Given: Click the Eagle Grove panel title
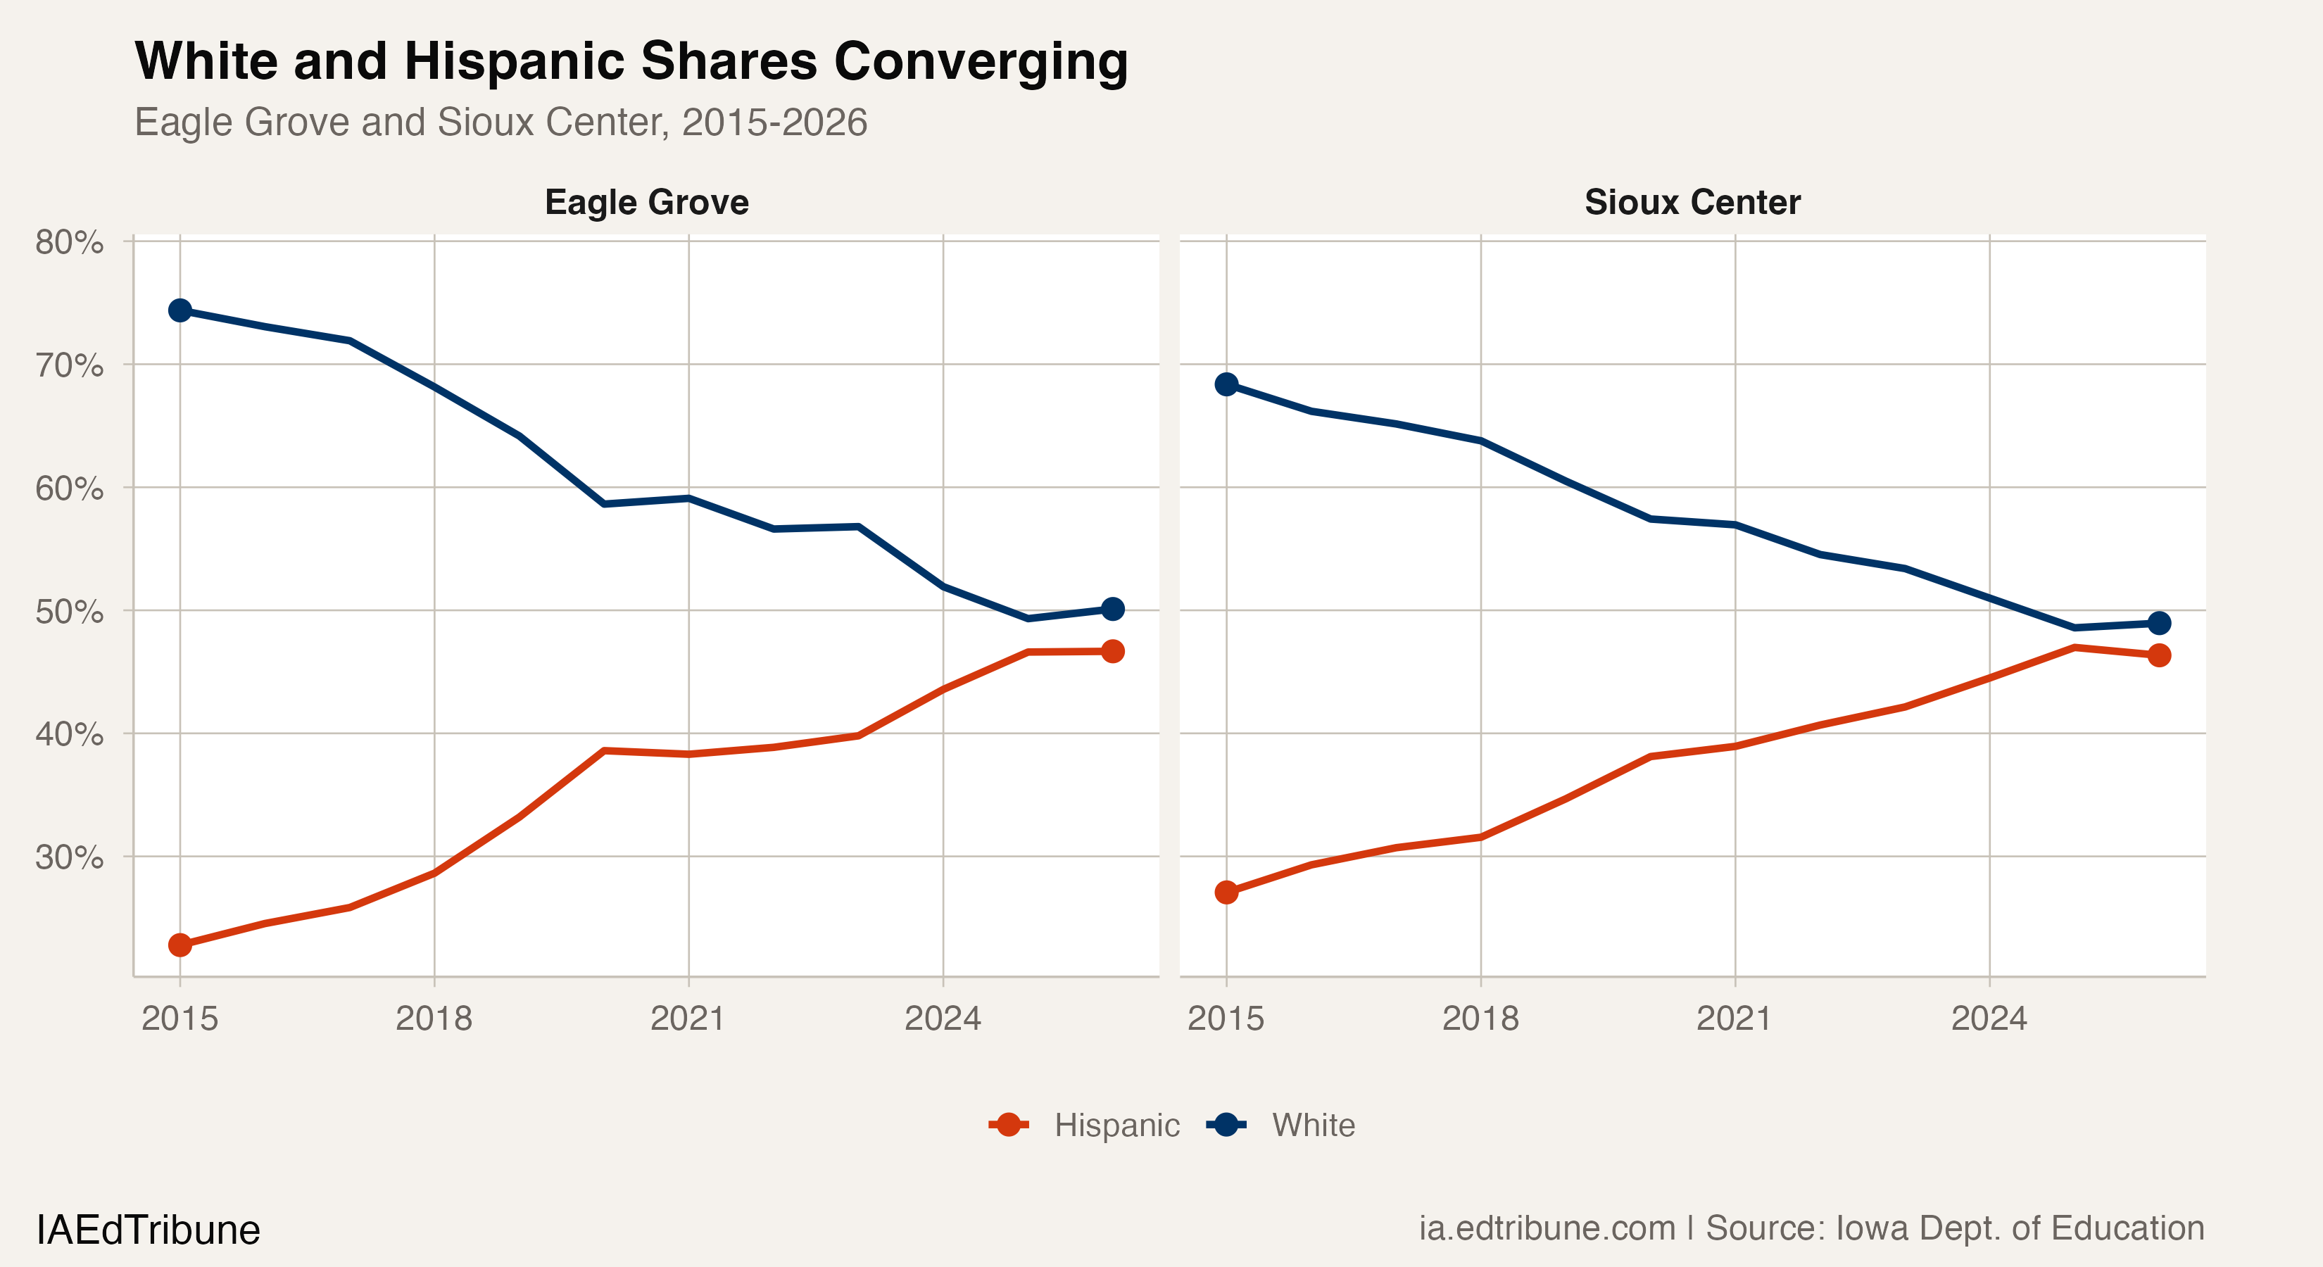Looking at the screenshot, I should pos(647,202).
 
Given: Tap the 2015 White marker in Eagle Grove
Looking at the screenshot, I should pos(180,310).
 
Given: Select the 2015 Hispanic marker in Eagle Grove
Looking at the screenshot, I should pos(180,945).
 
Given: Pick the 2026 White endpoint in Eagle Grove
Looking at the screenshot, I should pos(1113,610).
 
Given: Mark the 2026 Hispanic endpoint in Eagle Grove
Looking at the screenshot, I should pos(1113,651).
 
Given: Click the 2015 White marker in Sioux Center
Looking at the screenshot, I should pos(1226,384).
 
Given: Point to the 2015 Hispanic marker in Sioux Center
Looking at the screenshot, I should pos(1226,893).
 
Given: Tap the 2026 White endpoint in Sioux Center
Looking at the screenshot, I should pos(2159,623).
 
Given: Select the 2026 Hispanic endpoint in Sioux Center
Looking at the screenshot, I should pos(2159,655).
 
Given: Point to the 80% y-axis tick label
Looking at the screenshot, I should pos(70,243).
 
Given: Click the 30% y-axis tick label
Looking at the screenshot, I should pos(70,857).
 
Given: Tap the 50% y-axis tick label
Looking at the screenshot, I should pos(70,612).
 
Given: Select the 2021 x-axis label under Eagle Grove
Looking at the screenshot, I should pos(688,1019).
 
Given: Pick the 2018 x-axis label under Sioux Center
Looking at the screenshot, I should pos(1480,1019).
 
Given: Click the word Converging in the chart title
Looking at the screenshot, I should pos(981,61).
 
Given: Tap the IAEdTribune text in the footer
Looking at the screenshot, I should pos(148,1230).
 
